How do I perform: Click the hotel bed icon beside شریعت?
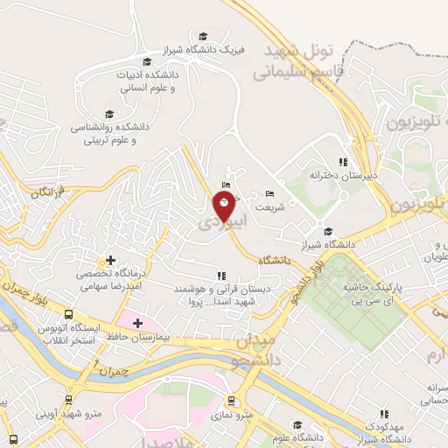[269, 193]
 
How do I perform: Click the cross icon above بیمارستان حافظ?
[137, 324]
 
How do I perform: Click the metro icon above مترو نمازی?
[231, 401]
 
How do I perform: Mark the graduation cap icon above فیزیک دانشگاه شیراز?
[203, 36]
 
